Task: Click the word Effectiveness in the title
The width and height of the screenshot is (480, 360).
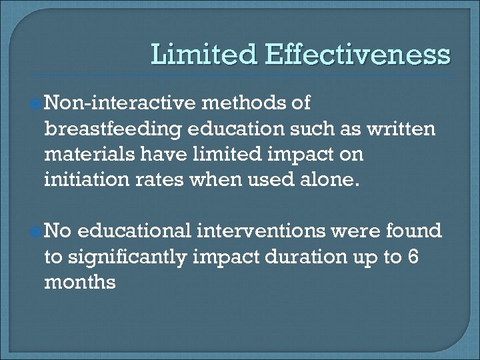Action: point(357,55)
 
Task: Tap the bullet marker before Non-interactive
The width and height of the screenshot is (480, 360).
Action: point(37,103)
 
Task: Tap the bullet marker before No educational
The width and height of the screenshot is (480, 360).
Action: point(37,231)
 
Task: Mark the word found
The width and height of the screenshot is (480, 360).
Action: point(413,231)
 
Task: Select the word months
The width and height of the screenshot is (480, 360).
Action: point(80,282)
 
